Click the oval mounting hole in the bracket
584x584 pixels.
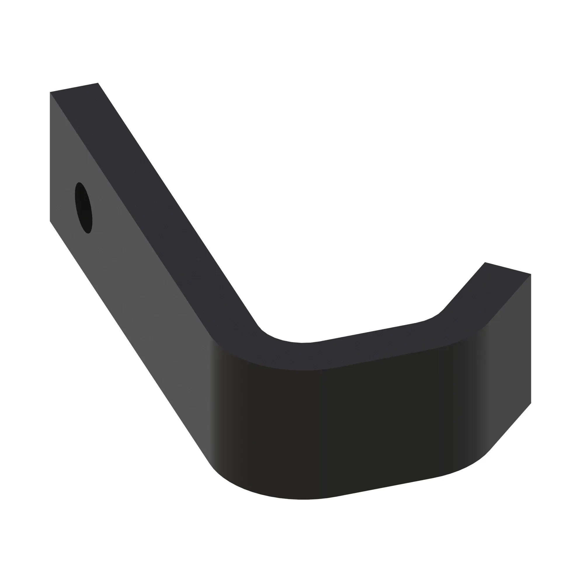(84, 208)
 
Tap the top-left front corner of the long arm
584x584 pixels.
(50, 92)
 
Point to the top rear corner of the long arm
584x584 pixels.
(98, 83)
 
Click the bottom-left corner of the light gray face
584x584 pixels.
(50, 221)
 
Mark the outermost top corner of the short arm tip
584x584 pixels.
(531, 274)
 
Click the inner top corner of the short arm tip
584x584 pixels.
(485, 263)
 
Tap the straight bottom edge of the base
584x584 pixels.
(384, 487)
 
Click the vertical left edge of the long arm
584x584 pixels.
(50, 157)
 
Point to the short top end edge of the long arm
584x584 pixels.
(74, 87)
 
